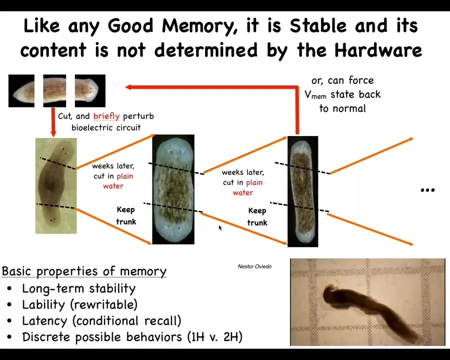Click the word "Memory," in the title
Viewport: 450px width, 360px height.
tap(199, 26)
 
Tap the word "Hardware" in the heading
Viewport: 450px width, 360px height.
tap(378, 50)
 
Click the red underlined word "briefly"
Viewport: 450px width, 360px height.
tap(106, 116)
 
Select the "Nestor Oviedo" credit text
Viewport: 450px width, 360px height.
tap(254, 266)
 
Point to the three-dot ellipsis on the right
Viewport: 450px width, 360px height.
tap(427, 190)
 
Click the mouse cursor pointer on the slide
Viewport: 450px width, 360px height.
tap(220, 228)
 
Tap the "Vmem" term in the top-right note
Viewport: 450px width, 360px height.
tap(315, 94)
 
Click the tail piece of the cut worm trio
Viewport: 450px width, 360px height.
tap(21, 90)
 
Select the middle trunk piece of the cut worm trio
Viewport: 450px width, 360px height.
tap(54, 90)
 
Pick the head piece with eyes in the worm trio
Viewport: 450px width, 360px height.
tap(90, 90)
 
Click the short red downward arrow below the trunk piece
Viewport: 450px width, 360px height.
tap(53, 122)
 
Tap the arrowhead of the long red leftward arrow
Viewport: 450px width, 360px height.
tap(128, 87)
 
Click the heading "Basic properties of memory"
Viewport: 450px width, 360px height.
tap(84, 271)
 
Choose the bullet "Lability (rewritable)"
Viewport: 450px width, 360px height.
tap(80, 305)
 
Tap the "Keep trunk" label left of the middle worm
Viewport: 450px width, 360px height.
tap(126, 215)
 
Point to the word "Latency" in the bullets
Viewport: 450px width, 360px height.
tap(45, 321)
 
